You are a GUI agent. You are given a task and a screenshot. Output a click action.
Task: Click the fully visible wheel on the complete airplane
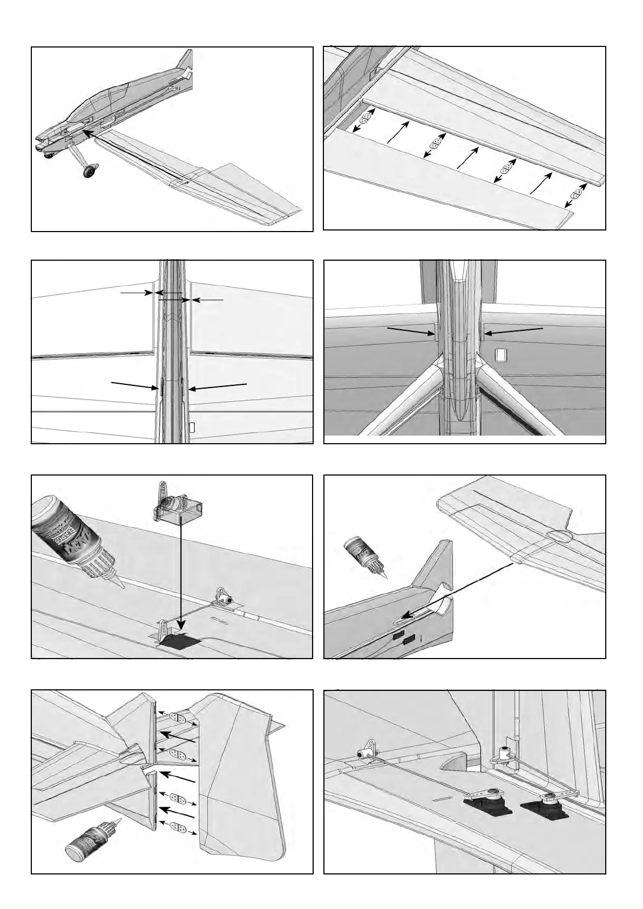tap(90, 172)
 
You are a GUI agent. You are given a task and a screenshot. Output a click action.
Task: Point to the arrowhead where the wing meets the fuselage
tap(85, 131)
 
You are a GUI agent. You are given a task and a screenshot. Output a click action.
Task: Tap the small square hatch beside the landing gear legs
tap(502, 355)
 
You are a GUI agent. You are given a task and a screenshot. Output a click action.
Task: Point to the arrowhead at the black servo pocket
tap(182, 632)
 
